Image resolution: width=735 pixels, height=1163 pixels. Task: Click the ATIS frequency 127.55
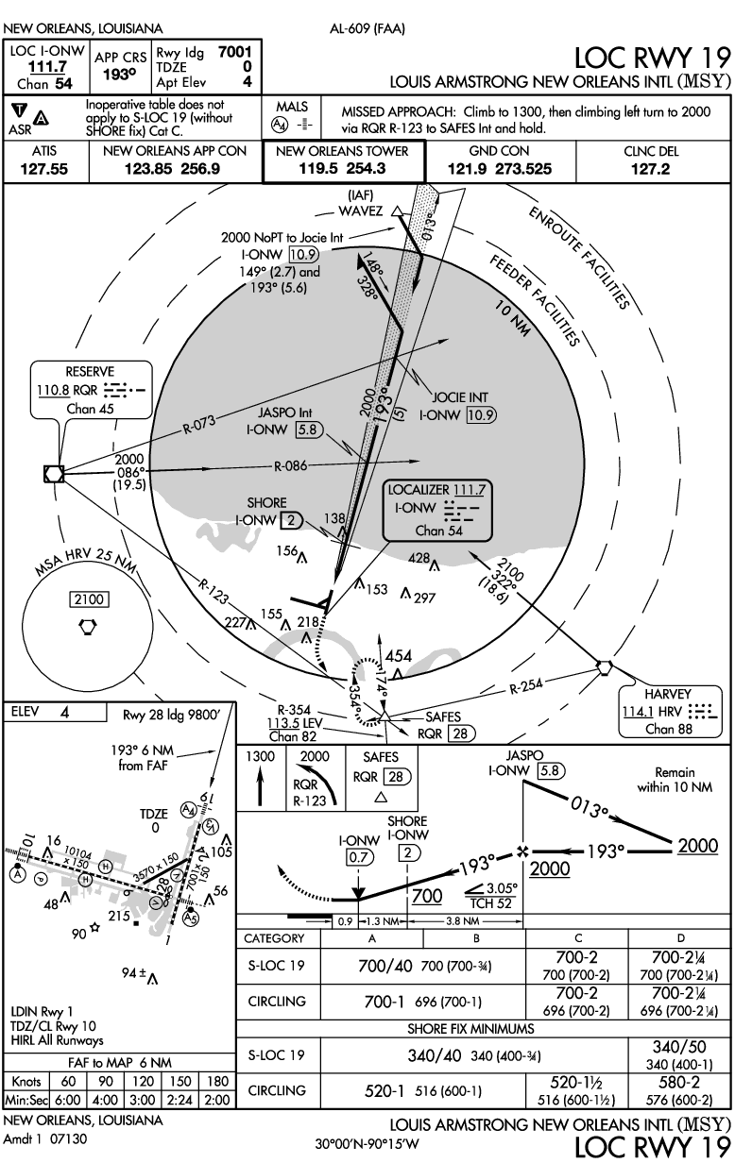point(44,169)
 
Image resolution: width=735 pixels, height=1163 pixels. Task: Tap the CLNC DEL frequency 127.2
point(650,169)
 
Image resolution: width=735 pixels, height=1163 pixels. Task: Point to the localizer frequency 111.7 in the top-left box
point(47,67)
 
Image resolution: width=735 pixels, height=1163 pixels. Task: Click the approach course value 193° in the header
point(119,75)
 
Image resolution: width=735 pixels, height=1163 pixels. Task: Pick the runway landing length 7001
point(235,52)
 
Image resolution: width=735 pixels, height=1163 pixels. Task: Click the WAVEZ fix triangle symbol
point(398,211)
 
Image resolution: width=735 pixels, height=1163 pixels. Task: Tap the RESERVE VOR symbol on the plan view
point(54,474)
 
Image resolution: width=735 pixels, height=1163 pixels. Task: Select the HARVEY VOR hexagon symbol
point(604,667)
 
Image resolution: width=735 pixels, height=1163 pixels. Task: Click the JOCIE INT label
point(460,397)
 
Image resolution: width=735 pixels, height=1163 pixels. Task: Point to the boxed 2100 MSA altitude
point(90,599)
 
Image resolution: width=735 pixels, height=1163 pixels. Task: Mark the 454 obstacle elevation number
point(399,656)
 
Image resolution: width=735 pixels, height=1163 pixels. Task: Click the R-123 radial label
point(213,592)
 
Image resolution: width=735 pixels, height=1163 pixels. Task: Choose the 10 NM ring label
point(513,318)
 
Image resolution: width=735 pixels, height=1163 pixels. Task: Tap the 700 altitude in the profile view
point(427,896)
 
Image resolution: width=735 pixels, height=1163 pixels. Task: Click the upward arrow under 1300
point(260,787)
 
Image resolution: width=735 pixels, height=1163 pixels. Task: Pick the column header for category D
point(680,937)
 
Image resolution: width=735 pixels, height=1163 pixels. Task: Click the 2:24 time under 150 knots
point(180,1100)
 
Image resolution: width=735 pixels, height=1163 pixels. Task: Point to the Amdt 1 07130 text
point(45,1139)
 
